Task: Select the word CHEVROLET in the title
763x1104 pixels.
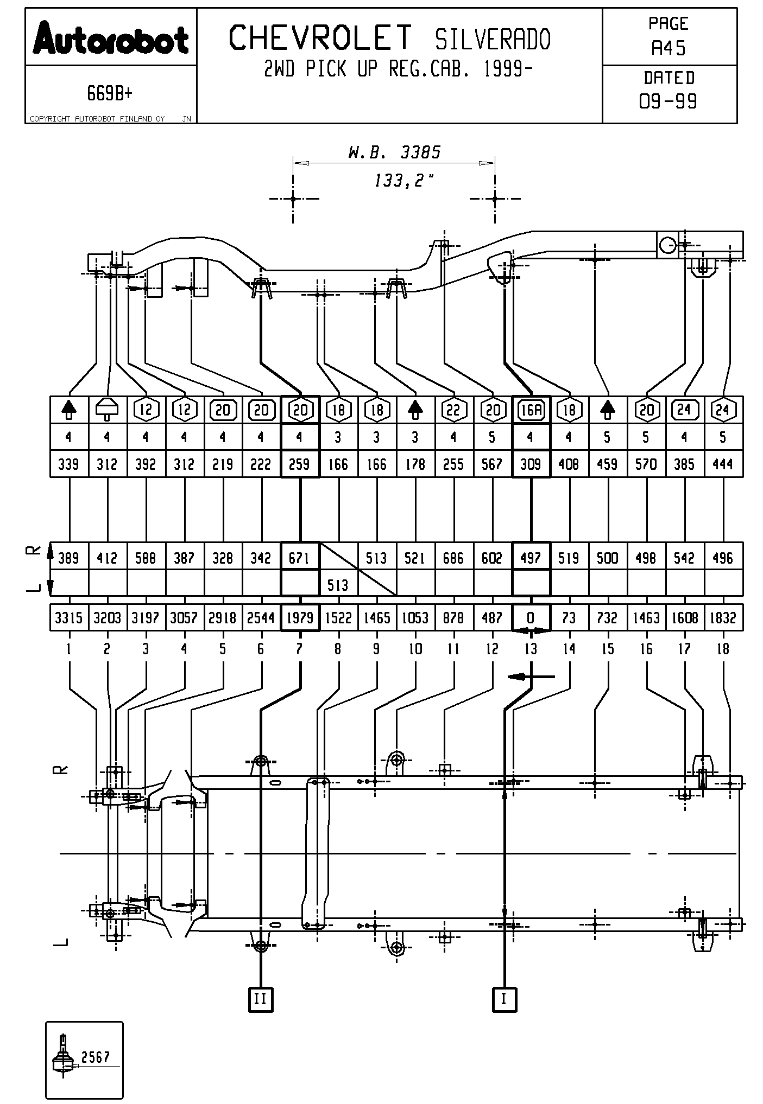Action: click(320, 39)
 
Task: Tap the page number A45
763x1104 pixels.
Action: click(669, 49)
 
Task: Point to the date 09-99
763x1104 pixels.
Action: click(669, 101)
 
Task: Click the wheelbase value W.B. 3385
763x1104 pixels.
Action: click(394, 152)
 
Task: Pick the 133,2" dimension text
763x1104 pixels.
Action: click(404, 181)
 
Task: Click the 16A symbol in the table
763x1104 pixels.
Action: click(531, 410)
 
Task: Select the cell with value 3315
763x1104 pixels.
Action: click(69, 618)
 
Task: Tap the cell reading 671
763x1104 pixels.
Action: click(300, 558)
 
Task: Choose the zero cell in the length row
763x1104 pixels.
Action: click(531, 618)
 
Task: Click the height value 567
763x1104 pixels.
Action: click(492, 464)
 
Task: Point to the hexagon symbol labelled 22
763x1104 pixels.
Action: click(453, 410)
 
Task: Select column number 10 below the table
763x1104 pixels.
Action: click(415, 649)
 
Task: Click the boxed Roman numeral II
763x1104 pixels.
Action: click(261, 999)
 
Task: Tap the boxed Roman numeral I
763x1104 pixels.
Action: click(505, 999)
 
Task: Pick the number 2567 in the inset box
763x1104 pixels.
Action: click(96, 1057)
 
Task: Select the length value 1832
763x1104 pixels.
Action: click(723, 618)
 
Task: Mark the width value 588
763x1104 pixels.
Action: click(146, 558)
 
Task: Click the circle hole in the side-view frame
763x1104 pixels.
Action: click(667, 246)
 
